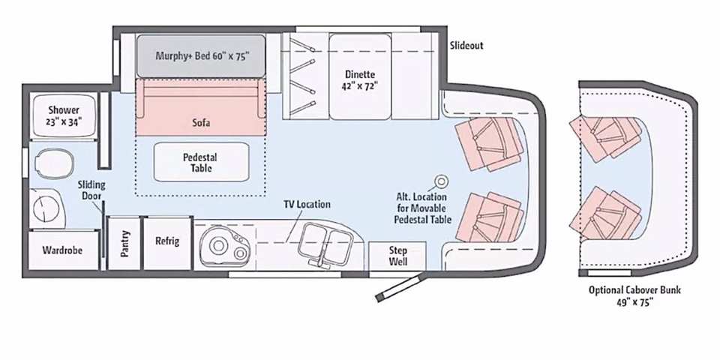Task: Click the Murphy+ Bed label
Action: coord(202,56)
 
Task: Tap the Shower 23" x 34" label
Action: coord(64,115)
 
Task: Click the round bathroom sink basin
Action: coord(46,208)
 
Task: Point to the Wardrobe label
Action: coord(62,250)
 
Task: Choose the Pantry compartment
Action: coord(124,243)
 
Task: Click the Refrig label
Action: coord(167,241)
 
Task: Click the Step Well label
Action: coord(397,256)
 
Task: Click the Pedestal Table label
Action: coord(200,162)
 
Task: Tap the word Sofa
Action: coord(201,123)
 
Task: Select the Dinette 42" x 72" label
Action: coord(360,79)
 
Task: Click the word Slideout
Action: coord(466,46)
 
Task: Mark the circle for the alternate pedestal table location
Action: coord(441,181)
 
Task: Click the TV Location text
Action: coord(307,204)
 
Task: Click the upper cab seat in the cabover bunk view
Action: coord(605,137)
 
